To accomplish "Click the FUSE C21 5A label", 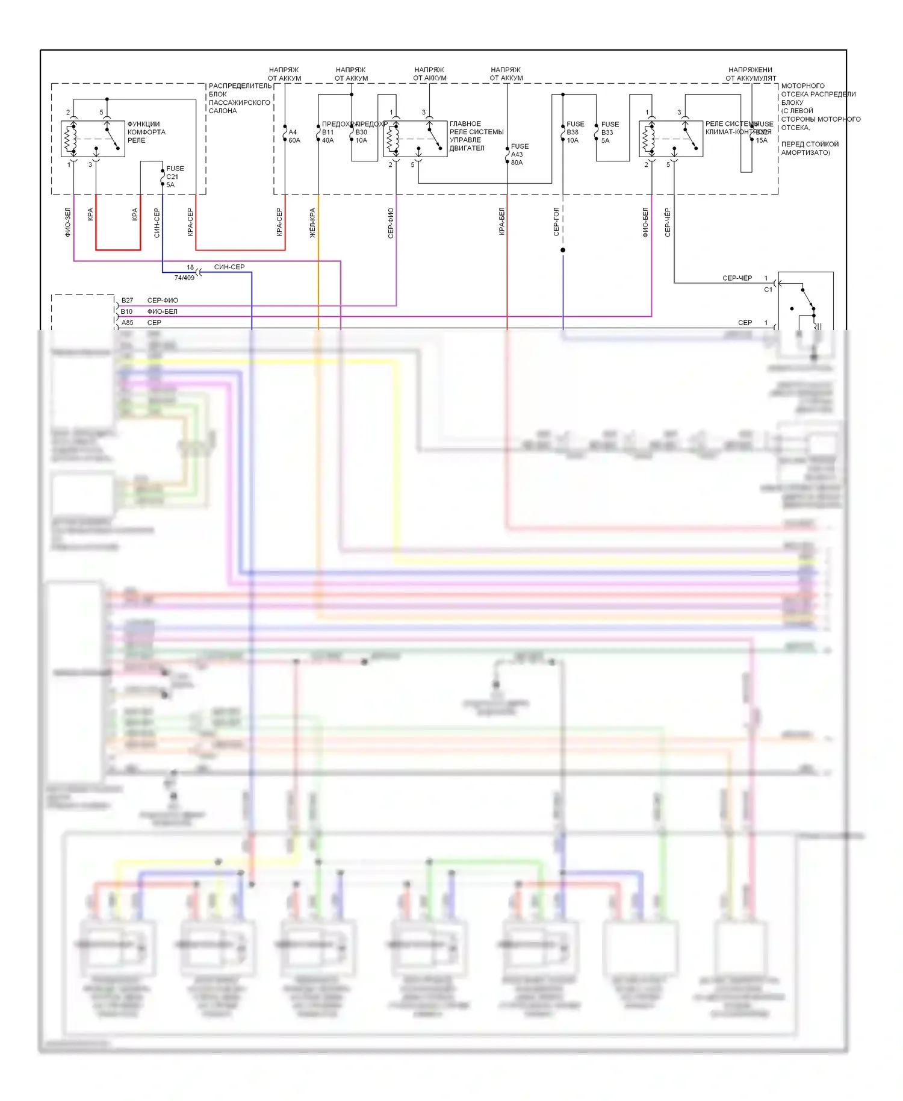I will [175, 176].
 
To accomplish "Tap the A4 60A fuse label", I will [294, 136].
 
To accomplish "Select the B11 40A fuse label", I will [327, 136].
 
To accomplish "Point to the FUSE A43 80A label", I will [519, 154].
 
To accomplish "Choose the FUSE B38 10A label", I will [575, 132].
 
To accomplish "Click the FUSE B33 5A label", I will [609, 132].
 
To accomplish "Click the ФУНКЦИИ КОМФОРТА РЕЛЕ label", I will [146, 132].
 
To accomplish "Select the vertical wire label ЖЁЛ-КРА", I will [312, 222].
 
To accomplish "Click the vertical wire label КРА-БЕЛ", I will [501, 221].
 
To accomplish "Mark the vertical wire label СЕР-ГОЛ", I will [556, 221].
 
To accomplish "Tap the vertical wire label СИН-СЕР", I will [157, 222].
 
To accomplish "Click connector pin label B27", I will [127, 300].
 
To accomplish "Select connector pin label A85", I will [127, 322].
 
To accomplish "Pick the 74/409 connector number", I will [184, 278].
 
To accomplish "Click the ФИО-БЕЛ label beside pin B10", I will [162, 311].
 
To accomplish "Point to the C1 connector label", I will [768, 290].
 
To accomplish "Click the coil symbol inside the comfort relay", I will [70, 139].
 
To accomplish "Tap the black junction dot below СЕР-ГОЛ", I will [563, 250].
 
